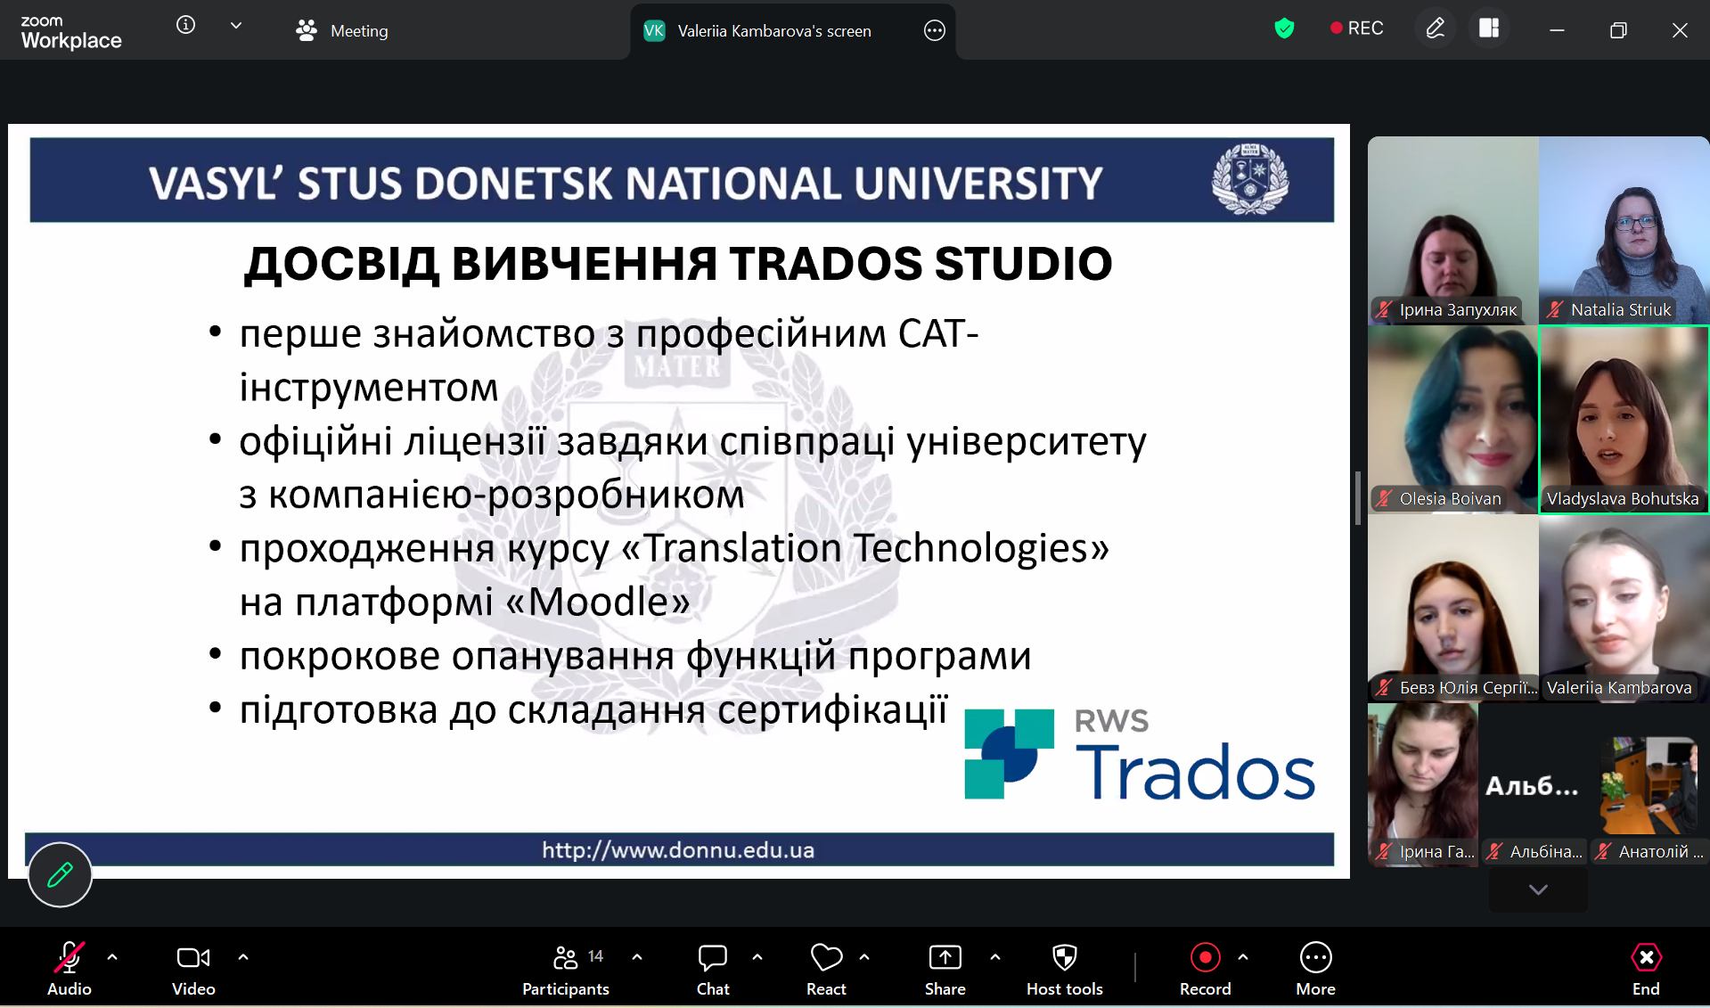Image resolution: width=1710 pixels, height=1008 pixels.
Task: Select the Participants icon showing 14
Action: (566, 958)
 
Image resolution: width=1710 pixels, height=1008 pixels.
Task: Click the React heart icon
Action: (826, 958)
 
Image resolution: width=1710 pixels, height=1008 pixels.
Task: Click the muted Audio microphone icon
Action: (69, 958)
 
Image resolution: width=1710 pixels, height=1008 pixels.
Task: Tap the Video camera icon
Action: (193, 958)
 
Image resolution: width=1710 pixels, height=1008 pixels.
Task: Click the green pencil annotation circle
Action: (60, 874)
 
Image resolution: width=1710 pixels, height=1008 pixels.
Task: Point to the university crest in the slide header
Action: (1249, 179)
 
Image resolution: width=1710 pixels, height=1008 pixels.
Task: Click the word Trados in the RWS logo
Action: (1195, 772)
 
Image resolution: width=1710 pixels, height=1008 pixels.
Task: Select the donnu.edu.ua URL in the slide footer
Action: (678, 850)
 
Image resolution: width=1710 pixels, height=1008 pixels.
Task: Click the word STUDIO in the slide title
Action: (1023, 264)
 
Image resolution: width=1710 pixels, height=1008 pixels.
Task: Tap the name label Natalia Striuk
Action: (1621, 310)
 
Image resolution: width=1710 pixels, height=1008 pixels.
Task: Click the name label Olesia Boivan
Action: (1450, 499)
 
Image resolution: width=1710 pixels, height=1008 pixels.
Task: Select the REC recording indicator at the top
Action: (1356, 29)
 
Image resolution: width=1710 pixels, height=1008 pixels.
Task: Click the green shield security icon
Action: (1284, 29)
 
